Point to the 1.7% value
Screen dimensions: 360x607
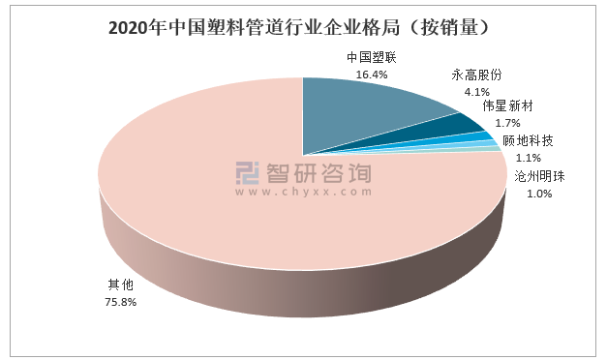508,123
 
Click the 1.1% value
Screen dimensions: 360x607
529,157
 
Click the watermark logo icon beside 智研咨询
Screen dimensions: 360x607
248,174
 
